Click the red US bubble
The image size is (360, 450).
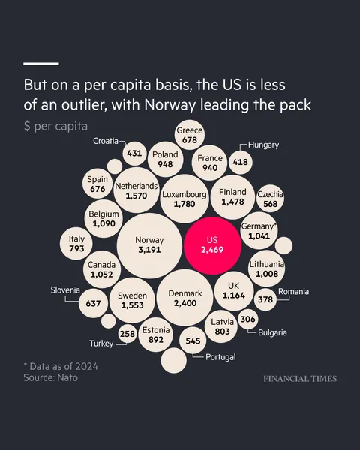point(212,246)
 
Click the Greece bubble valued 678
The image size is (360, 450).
point(189,135)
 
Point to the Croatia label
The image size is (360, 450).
point(105,141)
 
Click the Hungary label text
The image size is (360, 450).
point(263,145)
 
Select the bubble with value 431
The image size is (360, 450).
point(134,154)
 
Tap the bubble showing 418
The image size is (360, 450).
point(241,161)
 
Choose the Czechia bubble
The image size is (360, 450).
point(270,199)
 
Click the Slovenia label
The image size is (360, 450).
point(65,290)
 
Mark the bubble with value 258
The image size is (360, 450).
point(127,334)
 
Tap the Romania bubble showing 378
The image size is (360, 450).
point(265,299)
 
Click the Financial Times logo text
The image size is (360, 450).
point(299,379)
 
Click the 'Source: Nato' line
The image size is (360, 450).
point(50,377)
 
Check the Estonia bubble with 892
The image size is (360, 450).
point(156,334)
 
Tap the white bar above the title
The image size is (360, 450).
point(41,64)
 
